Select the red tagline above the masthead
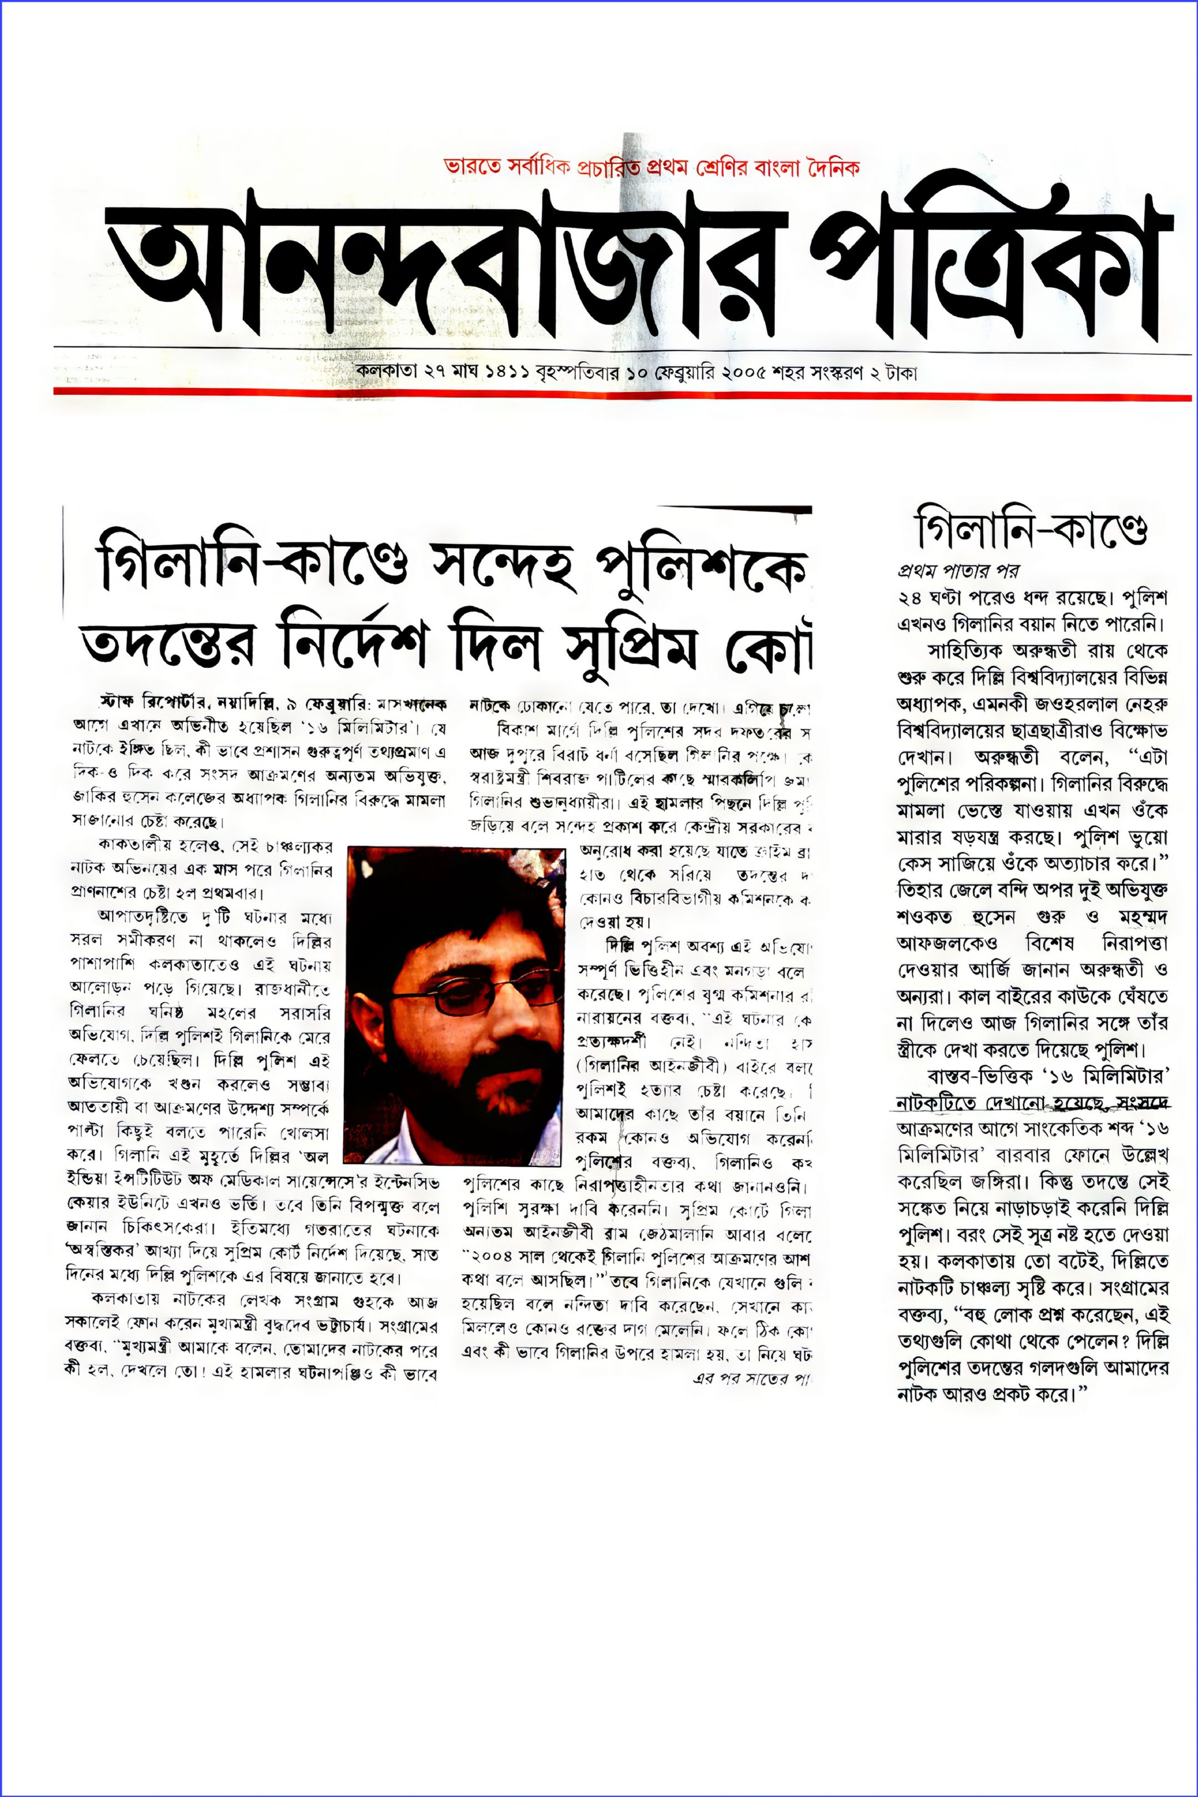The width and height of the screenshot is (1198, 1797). [x=651, y=166]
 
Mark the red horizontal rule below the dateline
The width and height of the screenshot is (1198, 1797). [x=622, y=393]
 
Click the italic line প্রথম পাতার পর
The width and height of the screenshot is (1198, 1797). [x=957, y=570]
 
